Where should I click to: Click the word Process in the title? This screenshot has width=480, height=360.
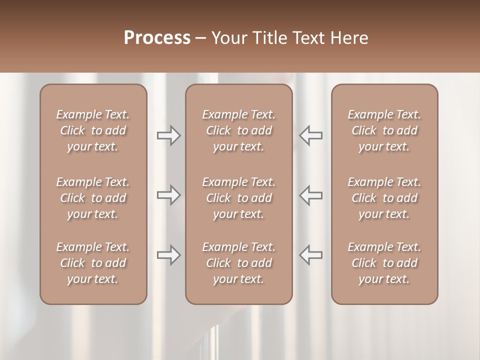click(x=157, y=38)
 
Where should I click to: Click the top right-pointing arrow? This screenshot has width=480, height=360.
click(x=169, y=135)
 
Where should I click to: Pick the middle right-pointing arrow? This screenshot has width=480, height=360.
click(x=169, y=195)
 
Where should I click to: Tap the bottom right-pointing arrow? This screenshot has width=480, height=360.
click(x=169, y=255)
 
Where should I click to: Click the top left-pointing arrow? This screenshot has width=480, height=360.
click(x=310, y=135)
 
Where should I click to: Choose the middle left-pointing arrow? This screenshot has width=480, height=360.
click(x=310, y=195)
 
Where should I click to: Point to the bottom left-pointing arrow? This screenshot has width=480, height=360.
click(x=310, y=255)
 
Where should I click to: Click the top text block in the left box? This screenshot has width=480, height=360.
click(x=93, y=130)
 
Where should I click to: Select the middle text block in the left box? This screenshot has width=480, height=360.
click(x=93, y=198)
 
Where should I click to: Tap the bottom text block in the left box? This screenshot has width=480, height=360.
click(x=93, y=263)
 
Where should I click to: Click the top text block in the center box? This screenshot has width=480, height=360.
click(x=238, y=130)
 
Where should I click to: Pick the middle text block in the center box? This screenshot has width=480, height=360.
click(x=238, y=198)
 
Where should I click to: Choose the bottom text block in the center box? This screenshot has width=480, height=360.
click(x=238, y=263)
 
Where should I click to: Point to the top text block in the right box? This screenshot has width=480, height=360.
click(x=384, y=130)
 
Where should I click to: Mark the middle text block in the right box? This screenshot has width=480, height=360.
click(x=384, y=198)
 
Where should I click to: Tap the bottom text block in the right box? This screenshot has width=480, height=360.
click(x=384, y=263)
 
